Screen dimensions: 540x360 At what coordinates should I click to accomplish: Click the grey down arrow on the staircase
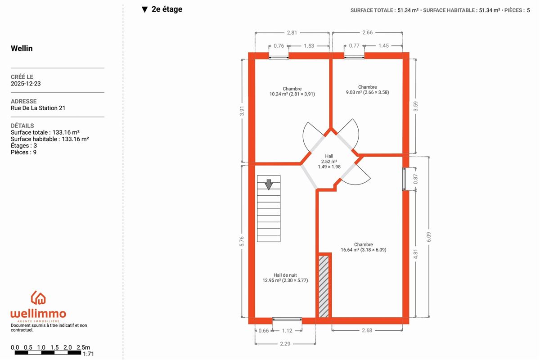[269, 184]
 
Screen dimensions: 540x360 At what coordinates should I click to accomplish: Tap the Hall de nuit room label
[285, 278]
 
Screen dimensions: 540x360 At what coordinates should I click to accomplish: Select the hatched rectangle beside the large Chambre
[324, 287]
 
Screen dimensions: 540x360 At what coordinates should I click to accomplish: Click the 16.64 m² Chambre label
[363, 247]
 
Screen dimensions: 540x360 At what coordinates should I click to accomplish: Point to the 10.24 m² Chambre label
[292, 91]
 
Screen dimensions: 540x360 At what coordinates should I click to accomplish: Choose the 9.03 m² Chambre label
[367, 90]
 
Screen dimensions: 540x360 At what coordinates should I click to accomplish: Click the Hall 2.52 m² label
[329, 161]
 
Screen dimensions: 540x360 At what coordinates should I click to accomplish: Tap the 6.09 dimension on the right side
[428, 237]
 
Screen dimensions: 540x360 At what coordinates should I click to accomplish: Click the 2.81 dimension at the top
[292, 32]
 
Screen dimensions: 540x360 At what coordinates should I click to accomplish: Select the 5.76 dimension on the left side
[242, 241]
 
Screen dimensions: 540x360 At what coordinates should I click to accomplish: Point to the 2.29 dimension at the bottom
[285, 344]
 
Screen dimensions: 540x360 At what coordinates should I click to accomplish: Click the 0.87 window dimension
[416, 179]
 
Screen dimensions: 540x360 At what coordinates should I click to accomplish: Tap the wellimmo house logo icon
[38, 298]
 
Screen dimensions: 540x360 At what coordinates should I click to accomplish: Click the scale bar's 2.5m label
[83, 347]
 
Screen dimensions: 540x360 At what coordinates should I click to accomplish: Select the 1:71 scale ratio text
[88, 354]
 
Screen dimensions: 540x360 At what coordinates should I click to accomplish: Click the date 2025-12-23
[26, 83]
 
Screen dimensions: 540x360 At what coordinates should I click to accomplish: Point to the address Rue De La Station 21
[38, 108]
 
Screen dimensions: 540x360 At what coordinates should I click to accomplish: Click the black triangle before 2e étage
[144, 9]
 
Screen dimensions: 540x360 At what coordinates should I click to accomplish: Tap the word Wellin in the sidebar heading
[22, 48]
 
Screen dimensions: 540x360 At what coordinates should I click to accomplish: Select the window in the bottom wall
[287, 319]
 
